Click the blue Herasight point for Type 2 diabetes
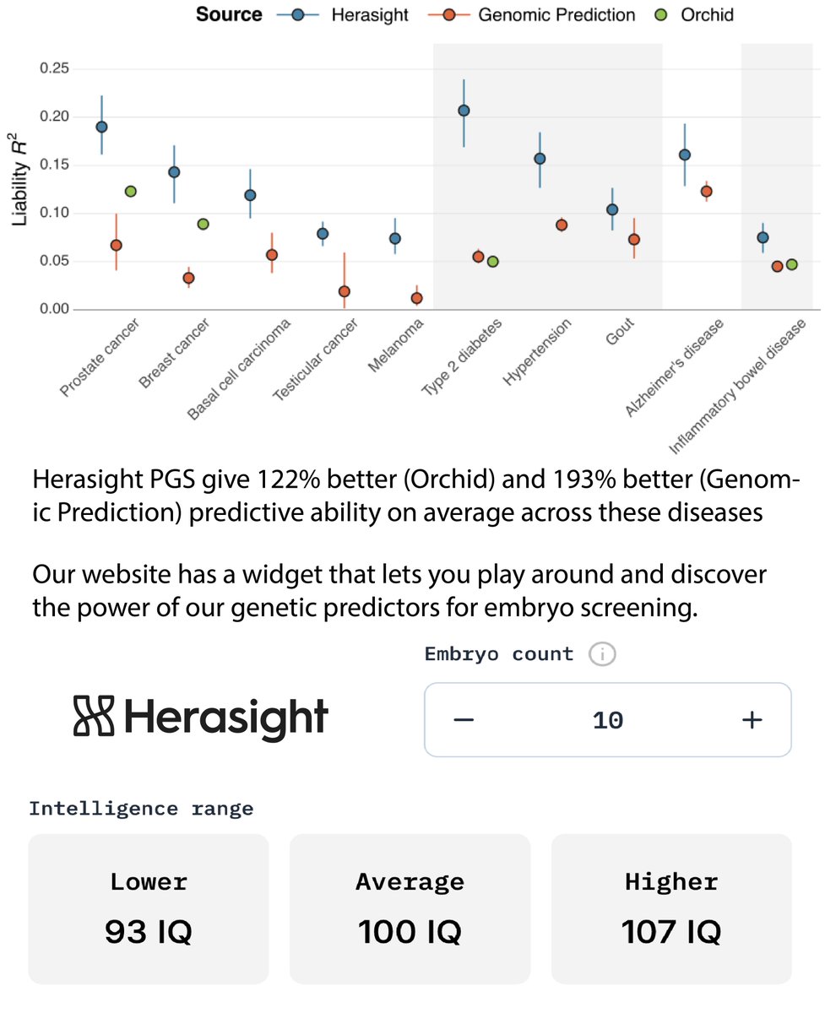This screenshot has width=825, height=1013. point(464,111)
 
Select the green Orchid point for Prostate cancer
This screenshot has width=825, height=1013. point(131,192)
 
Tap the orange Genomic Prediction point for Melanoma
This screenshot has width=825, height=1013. point(416,298)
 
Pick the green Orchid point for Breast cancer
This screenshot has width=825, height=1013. point(203,225)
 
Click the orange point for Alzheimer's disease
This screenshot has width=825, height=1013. point(707,192)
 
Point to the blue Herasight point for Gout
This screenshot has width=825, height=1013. point(612,209)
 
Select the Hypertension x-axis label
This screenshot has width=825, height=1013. point(538,353)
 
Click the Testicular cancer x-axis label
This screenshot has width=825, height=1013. point(316,360)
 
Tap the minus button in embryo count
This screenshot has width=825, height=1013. point(464,720)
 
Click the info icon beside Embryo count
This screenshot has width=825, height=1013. point(602,654)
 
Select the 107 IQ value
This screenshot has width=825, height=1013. point(671,933)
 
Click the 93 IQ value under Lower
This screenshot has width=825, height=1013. point(149,933)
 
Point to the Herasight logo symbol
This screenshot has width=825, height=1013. point(94,718)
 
